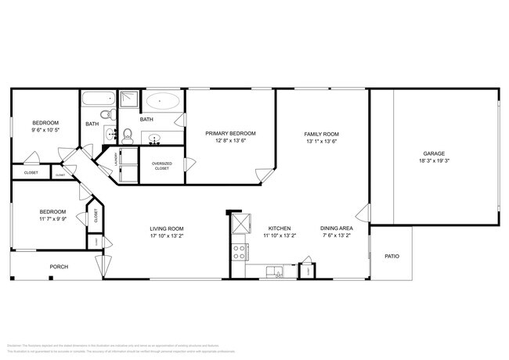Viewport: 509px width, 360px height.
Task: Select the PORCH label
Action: pos(59,267)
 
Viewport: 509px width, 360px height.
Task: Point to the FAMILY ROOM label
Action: pos(321,134)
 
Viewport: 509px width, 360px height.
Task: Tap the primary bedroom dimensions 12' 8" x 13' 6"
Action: pos(230,142)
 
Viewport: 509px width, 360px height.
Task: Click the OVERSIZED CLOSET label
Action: pos(161,167)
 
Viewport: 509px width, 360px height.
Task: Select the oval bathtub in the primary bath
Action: pos(162,101)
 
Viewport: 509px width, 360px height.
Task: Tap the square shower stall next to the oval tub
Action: pos(130,99)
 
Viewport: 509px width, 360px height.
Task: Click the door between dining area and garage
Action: pos(363,213)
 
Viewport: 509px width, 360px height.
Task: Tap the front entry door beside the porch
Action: pos(99,265)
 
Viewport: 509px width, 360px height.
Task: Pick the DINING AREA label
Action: pos(335,229)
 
